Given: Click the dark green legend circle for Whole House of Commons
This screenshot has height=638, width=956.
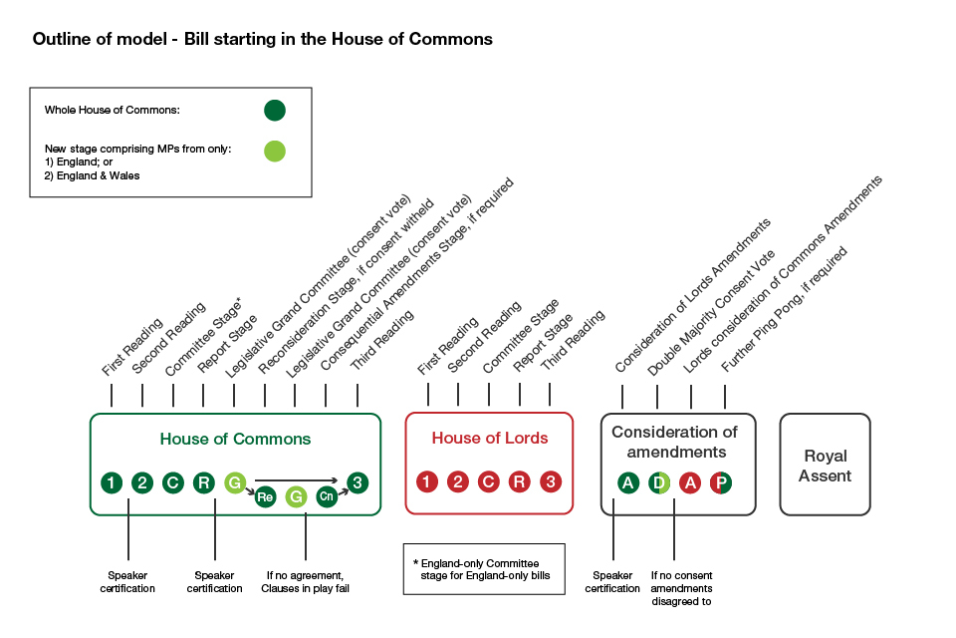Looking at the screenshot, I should pos(275,110).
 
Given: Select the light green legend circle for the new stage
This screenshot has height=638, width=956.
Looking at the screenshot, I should pos(275,152).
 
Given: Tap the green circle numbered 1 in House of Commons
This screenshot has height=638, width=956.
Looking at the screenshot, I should pos(112,482).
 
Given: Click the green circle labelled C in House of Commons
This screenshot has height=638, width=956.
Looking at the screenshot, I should pos(173,482).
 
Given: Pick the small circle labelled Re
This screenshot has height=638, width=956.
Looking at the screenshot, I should pos(265,495).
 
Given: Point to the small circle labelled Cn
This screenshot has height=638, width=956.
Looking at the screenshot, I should pos(327,495).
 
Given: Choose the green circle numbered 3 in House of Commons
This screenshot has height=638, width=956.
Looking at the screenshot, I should pos(358,482).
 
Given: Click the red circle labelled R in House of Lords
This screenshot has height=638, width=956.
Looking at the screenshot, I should pos(520,482).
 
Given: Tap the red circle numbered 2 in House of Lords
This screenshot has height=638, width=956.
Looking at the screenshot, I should pos(458,482).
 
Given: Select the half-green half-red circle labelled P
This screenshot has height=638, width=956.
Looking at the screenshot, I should pos(722,482).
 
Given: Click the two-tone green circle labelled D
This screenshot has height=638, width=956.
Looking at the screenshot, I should pos(659,482).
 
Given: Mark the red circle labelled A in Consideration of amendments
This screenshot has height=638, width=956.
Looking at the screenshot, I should pos(690,482).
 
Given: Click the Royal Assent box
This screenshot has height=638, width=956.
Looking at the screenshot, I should pos(825,465).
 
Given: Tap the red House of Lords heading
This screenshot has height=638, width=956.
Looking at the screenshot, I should pos(489,438).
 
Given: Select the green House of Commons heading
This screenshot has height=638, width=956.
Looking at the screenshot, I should pos(235,439).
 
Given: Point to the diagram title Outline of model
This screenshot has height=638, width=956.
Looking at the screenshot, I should pos(262,40).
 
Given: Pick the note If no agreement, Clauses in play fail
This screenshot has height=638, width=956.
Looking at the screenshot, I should pos(305,581).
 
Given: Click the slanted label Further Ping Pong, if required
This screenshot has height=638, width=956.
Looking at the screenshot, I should pos(784,316).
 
